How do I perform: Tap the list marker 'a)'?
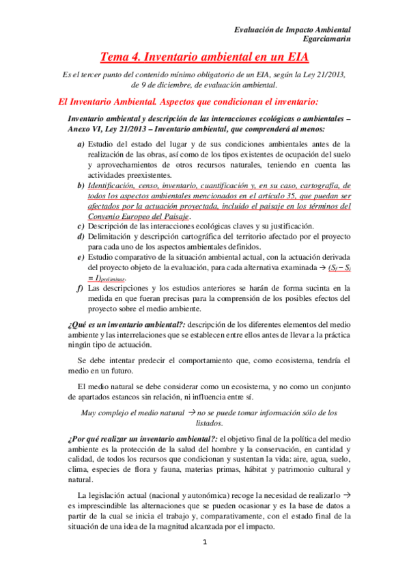pyautogui.click(x=81, y=144)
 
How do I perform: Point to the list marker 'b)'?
pyautogui.click(x=81, y=186)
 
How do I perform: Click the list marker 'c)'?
pyautogui.click(x=81, y=226)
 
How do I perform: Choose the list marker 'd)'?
pyautogui.click(x=81, y=237)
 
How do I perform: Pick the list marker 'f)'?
pyautogui.click(x=81, y=288)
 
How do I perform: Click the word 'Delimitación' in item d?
pyautogui.click(x=114, y=237)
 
